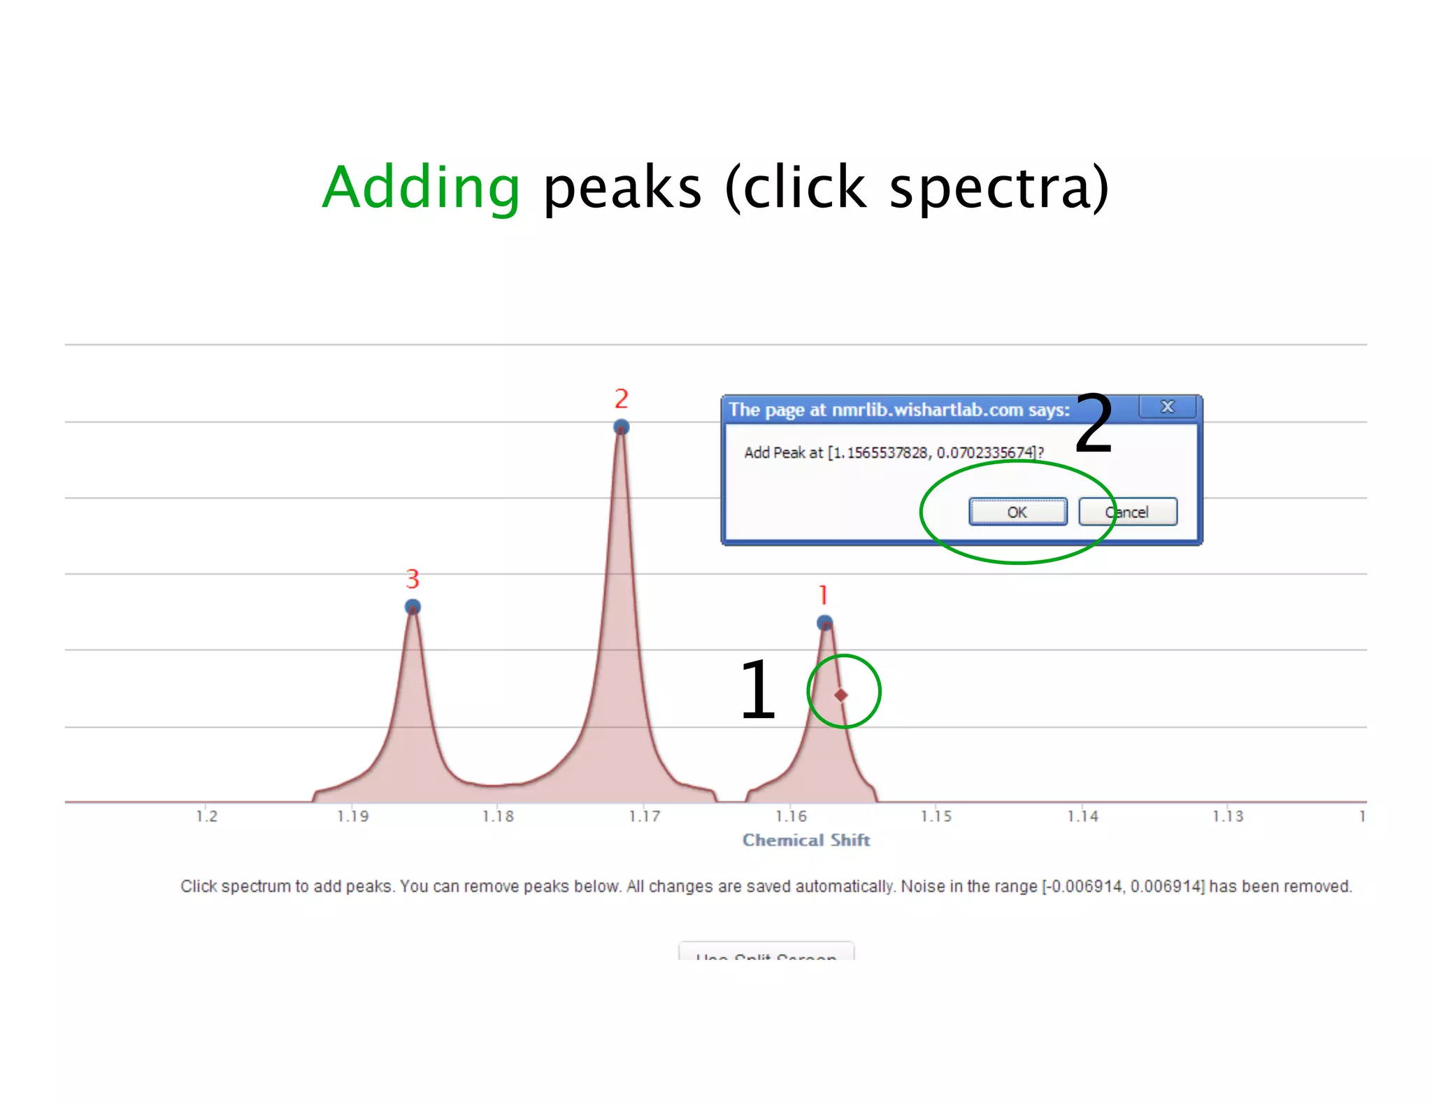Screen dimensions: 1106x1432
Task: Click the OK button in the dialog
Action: (x=1017, y=512)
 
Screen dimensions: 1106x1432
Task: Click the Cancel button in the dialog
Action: (x=1127, y=512)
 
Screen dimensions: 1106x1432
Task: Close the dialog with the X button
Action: (x=1167, y=407)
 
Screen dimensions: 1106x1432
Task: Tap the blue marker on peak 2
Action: (x=621, y=426)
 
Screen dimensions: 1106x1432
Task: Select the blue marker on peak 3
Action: (x=413, y=606)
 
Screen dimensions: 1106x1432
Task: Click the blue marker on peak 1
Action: (x=825, y=622)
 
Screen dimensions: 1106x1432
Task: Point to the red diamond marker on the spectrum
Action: (x=841, y=695)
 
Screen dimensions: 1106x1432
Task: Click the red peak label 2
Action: (x=621, y=399)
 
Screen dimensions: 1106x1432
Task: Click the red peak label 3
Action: (x=413, y=579)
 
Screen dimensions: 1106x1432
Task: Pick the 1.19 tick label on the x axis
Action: (x=352, y=816)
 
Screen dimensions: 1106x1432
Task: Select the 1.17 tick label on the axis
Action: (x=644, y=816)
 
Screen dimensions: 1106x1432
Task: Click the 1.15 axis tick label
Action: (x=936, y=816)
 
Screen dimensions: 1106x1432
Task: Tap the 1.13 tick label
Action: (x=1228, y=816)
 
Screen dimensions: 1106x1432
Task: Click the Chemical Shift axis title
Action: (x=805, y=840)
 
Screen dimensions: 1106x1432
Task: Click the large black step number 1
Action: (x=757, y=690)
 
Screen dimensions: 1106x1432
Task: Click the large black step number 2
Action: (x=1093, y=424)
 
